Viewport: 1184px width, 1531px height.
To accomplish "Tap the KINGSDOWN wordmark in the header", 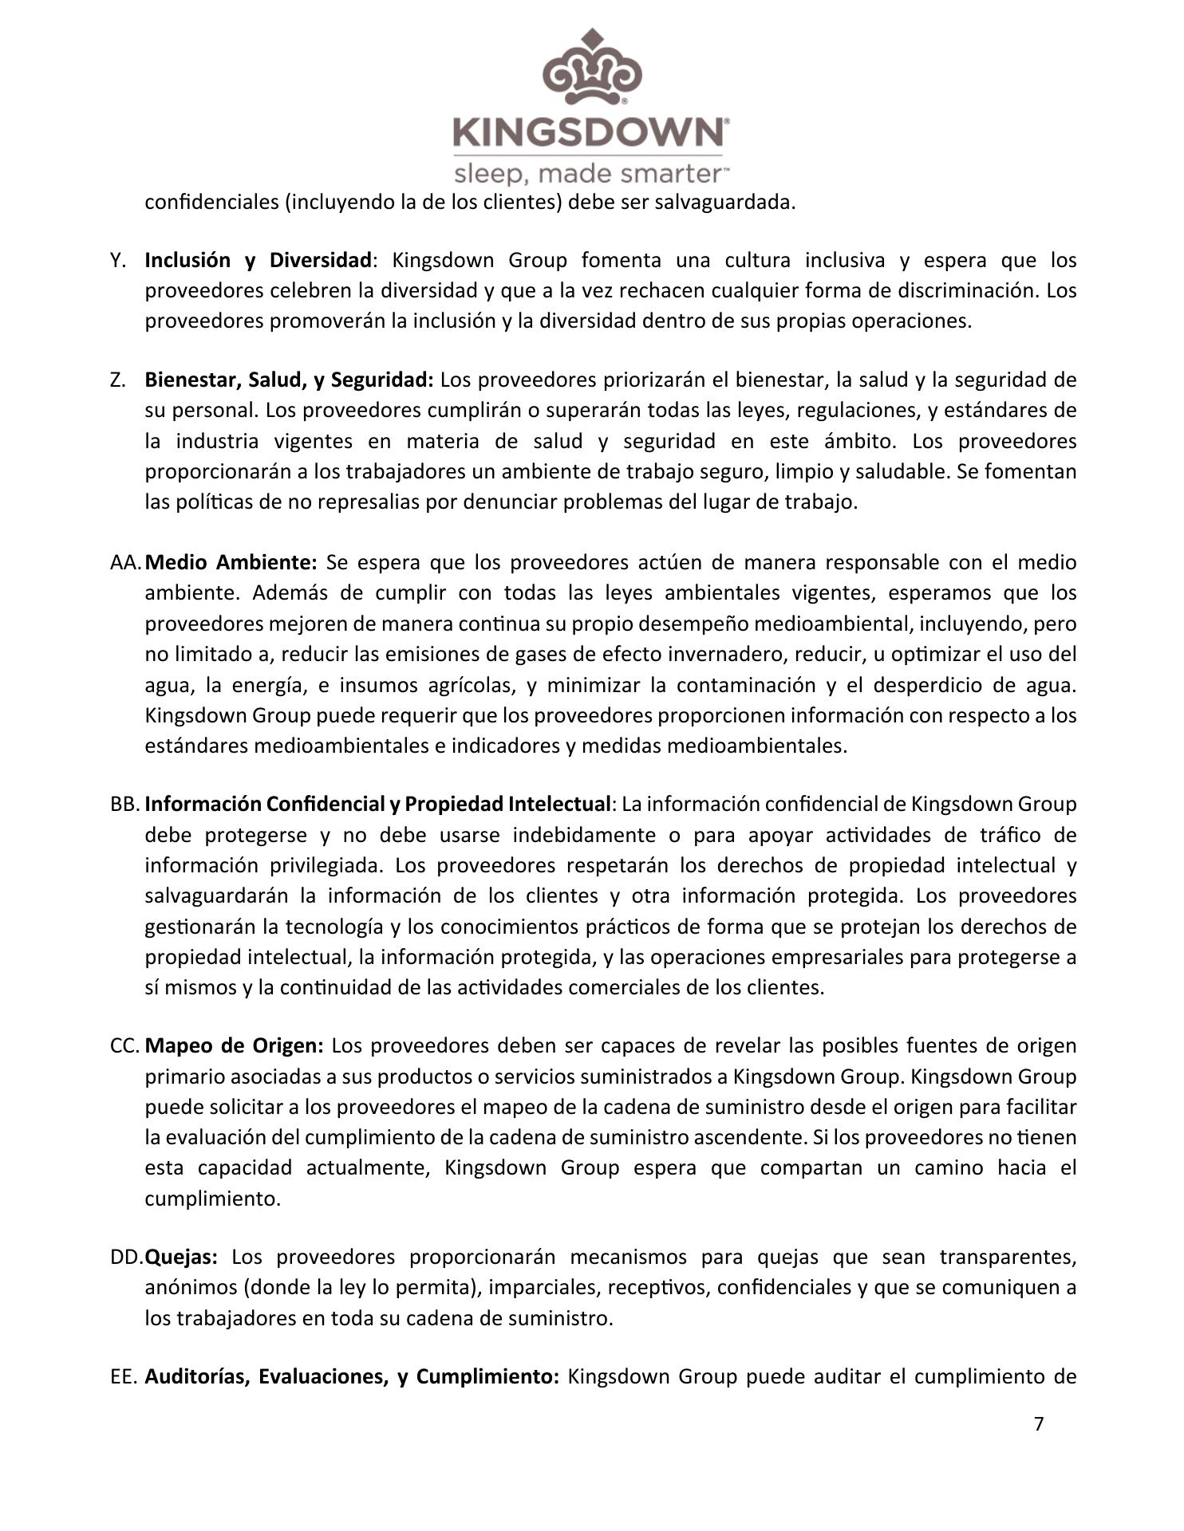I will pyautogui.click(x=589, y=132).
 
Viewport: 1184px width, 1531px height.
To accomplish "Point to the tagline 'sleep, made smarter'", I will pyautogui.click(x=589, y=174).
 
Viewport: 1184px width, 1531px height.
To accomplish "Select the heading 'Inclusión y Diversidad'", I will pyautogui.click(x=258, y=260).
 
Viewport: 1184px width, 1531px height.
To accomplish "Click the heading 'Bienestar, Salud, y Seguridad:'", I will pyautogui.click(x=289, y=380).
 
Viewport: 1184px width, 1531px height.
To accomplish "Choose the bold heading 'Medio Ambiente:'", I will pyautogui.click(x=232, y=562).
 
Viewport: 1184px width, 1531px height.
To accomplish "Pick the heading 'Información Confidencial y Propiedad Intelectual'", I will pyautogui.click(x=377, y=804).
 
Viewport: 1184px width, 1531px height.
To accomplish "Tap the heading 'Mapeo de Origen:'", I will pyautogui.click(x=235, y=1045).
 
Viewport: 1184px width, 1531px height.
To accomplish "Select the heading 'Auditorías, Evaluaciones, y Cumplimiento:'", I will pyautogui.click(x=352, y=1376).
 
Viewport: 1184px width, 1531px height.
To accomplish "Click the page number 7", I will pyautogui.click(x=1038, y=1424).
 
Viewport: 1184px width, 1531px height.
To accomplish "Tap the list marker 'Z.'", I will pyautogui.click(x=118, y=380).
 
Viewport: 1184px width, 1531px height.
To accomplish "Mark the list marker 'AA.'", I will pyautogui.click(x=124, y=562).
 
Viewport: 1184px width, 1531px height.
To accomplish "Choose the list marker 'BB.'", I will pyautogui.click(x=124, y=804).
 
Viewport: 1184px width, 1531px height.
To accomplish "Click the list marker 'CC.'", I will pyautogui.click(x=124, y=1045).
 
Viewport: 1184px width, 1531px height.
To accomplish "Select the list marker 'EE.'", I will pyautogui.click(x=123, y=1376).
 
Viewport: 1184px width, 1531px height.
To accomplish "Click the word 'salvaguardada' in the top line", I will pyautogui.click(x=724, y=202).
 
